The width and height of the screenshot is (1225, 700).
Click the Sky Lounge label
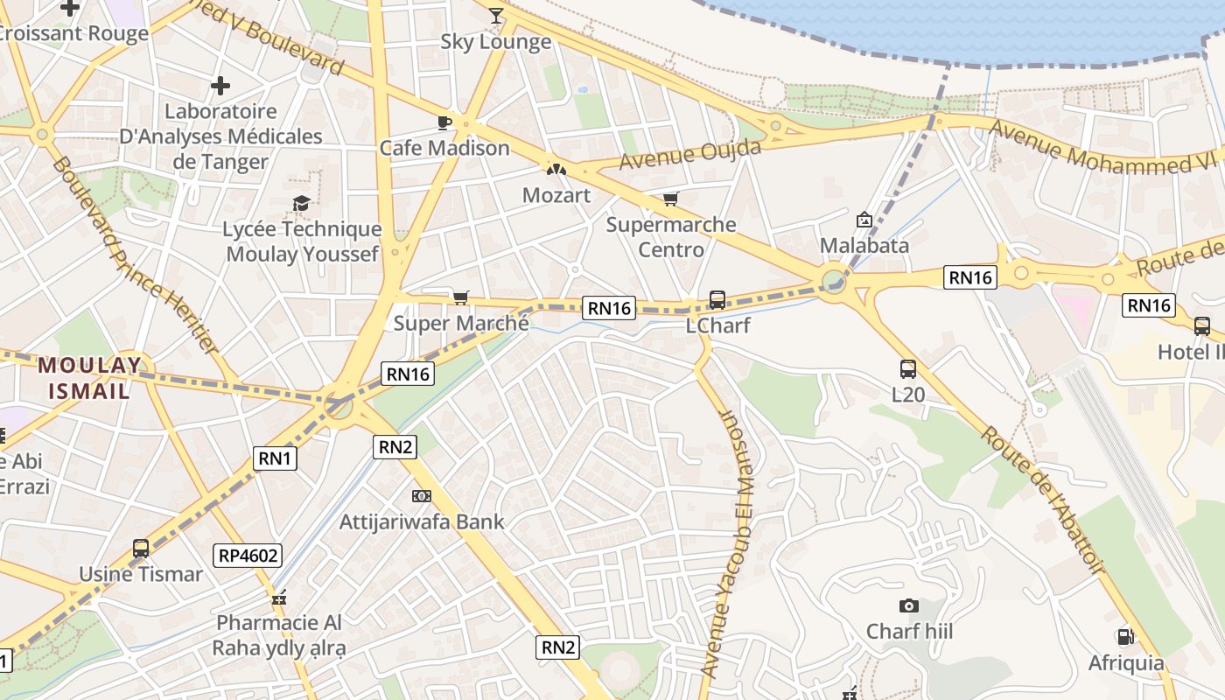pyautogui.click(x=495, y=41)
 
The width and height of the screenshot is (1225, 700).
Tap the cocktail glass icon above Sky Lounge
pyautogui.click(x=496, y=15)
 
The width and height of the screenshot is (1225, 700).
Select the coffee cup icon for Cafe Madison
pyautogui.click(x=444, y=122)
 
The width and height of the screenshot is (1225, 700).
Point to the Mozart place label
pyautogui.click(x=556, y=195)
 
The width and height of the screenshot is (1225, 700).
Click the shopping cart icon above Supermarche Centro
pyautogui.click(x=670, y=199)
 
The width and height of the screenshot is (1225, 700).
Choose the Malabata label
pyautogui.click(x=864, y=245)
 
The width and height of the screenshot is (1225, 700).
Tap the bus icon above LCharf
pyautogui.click(x=717, y=300)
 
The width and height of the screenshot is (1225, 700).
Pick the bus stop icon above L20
pyautogui.click(x=908, y=369)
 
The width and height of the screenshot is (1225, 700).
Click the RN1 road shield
pyautogui.click(x=276, y=458)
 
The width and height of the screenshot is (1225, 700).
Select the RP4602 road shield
pyautogui.click(x=248, y=555)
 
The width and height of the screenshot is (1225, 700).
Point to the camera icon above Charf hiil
pyautogui.click(x=909, y=605)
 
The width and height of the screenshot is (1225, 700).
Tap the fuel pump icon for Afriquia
pyautogui.click(x=1125, y=637)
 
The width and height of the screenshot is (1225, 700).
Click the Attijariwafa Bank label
pyautogui.click(x=422, y=521)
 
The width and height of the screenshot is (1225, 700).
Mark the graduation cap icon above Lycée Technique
pyautogui.click(x=302, y=204)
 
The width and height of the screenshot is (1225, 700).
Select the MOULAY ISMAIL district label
pyautogui.click(x=89, y=377)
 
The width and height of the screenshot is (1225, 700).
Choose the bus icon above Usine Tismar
pyautogui.click(x=141, y=549)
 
